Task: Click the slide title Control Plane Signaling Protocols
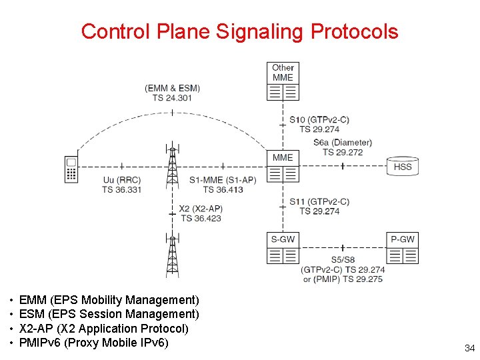[239, 31]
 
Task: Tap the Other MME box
[283, 81]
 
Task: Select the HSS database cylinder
[403, 166]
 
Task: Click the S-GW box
[283, 248]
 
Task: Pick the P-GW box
[403, 248]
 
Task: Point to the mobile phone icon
[71, 169]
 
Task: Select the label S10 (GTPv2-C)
[319, 120]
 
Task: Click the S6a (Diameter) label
[343, 143]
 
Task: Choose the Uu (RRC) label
[122, 180]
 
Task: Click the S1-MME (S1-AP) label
[223, 180]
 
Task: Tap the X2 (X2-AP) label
[201, 209]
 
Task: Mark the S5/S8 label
[343, 260]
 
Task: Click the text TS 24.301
[172, 97]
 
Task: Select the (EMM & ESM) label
[172, 88]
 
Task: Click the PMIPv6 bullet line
[94, 343]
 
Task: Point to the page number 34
[469, 348]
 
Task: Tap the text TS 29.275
[363, 279]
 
